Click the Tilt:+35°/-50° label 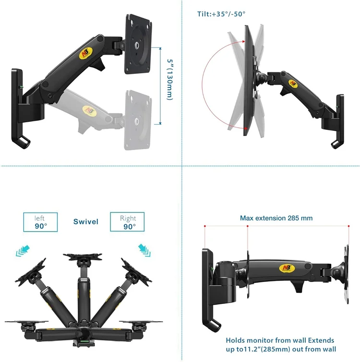coord(221,14)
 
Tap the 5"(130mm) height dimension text coord(170,80)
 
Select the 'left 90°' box coord(40,222)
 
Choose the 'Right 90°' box coord(127,222)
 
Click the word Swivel coord(86,222)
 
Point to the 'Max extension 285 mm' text coord(276,218)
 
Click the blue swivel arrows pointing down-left coord(23,251)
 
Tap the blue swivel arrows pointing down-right coord(144,250)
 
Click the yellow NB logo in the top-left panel coord(86,54)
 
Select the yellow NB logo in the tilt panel coord(292,83)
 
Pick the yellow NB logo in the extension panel coord(287,268)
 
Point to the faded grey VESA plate coord(138,120)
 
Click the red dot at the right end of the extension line coord(348,226)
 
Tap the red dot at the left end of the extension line coord(205,226)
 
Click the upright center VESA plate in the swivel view coord(83,256)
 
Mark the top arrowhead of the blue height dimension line coord(160,48)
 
